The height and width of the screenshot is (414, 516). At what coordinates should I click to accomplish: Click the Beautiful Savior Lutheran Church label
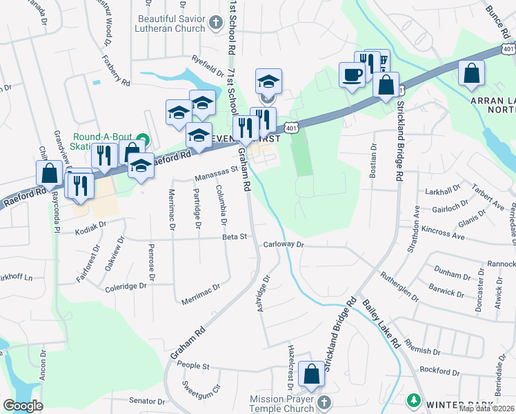tap(171, 23)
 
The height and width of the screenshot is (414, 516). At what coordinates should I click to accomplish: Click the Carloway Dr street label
tap(284, 244)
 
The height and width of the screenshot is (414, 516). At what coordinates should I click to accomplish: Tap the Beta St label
tap(235, 237)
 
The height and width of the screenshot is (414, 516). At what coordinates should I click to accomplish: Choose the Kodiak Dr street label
tap(92, 225)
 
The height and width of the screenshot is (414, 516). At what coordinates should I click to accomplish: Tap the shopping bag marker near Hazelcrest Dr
tap(312, 374)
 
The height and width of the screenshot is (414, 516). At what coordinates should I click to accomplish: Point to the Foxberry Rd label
tap(116, 71)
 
